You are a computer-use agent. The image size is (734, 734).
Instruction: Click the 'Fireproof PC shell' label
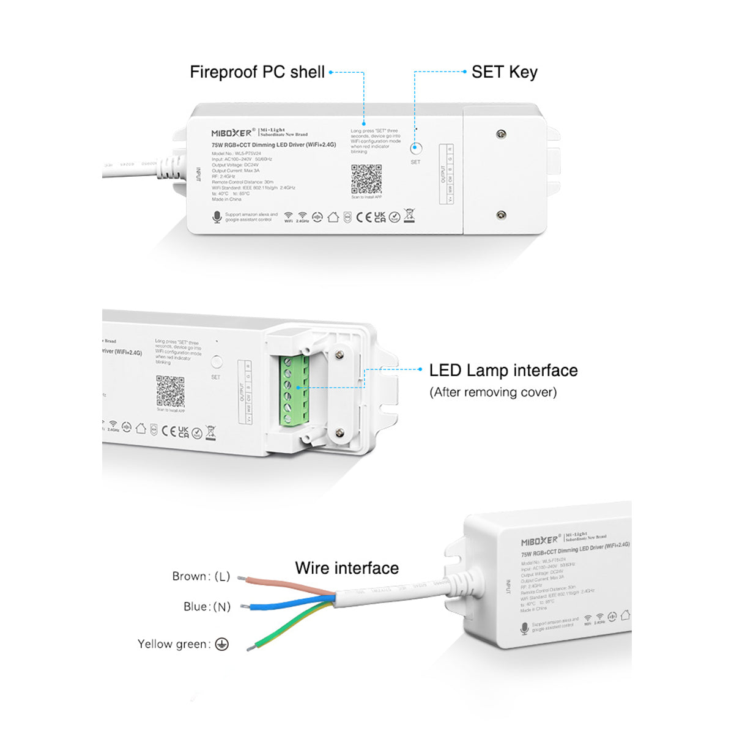click(257, 72)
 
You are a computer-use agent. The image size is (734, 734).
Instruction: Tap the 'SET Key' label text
click(504, 72)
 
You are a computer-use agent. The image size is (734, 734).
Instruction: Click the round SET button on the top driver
click(415, 148)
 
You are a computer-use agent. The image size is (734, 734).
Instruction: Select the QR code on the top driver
click(366, 179)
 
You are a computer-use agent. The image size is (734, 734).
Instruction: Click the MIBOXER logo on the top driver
click(232, 133)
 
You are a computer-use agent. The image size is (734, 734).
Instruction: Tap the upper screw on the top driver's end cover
click(501, 134)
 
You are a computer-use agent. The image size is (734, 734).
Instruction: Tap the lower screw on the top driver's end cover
click(501, 215)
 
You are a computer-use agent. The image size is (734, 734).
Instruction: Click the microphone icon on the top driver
click(217, 217)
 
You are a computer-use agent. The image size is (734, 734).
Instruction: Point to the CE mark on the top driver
click(363, 217)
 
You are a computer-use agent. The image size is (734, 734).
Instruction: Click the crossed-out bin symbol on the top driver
click(409, 215)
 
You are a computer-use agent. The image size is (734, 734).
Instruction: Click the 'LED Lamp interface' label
click(503, 370)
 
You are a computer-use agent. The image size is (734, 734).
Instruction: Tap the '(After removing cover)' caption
click(493, 392)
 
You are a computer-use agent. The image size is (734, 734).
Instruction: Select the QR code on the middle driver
click(170, 391)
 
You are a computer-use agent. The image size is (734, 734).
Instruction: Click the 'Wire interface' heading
click(347, 568)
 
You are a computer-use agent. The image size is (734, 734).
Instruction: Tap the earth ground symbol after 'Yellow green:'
click(222, 644)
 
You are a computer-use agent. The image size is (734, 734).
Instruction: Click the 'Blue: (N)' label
click(207, 607)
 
